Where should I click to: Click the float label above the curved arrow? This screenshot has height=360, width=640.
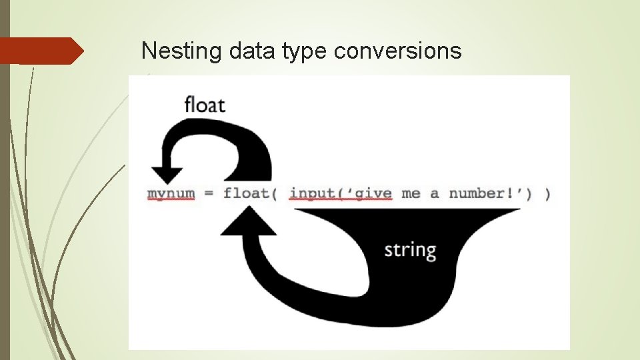205,105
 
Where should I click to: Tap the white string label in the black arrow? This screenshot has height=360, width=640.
410,251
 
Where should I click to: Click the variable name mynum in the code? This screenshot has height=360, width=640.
171,193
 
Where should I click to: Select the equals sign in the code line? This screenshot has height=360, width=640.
209,194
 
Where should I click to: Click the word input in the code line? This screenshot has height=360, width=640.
311,193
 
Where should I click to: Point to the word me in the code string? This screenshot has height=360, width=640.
411,193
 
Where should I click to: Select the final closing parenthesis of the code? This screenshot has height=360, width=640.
547,193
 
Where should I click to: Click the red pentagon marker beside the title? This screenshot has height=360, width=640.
40,51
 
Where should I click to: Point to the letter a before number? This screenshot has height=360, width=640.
435,194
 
